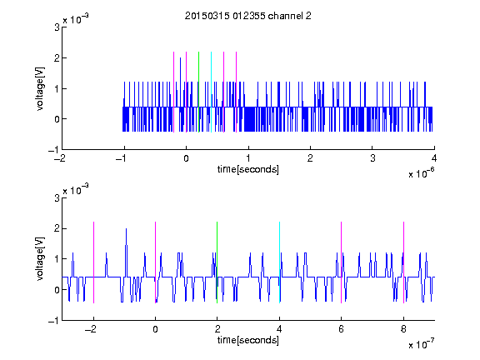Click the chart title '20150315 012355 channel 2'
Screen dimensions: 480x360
click(248, 16)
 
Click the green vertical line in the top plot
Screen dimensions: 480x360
click(198, 92)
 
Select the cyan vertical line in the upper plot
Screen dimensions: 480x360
click(211, 92)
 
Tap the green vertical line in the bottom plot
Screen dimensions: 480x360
click(217, 262)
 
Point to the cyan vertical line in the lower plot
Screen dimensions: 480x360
click(279, 262)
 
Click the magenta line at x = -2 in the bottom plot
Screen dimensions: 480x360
click(93, 262)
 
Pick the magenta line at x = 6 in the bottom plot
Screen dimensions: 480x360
click(342, 262)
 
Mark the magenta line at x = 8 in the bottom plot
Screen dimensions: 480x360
click(404, 262)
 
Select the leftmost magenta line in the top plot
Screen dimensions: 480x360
click(174, 92)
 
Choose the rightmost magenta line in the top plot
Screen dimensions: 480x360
click(237, 92)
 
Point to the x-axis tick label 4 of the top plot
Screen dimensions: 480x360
click(434, 158)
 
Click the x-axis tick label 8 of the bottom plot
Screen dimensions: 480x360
click(403, 329)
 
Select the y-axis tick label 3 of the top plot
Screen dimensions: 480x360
click(57, 27)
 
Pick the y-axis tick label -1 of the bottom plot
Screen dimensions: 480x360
click(53, 321)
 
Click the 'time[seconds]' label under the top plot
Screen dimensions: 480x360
click(248, 169)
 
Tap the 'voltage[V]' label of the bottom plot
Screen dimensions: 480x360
click(40, 258)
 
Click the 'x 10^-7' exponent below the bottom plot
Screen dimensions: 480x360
click(421, 344)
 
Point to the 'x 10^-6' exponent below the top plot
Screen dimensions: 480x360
click(421, 173)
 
